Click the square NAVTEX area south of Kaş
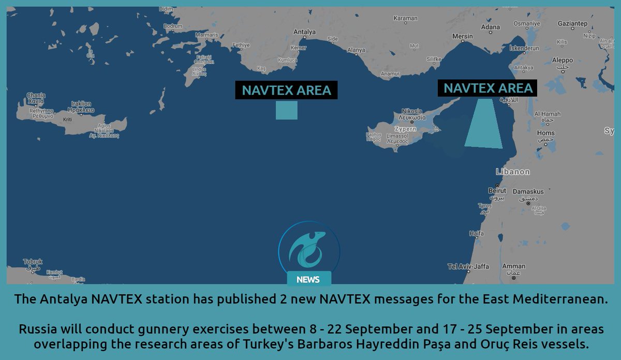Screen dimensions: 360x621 pyautogui.click(x=286, y=110)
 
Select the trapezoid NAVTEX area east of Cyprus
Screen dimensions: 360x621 pyautogui.click(x=484, y=124)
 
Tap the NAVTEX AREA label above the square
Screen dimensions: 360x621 pyautogui.click(x=286, y=90)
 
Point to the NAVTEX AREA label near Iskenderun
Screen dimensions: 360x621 pyautogui.click(x=487, y=88)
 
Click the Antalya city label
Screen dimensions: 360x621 pyautogui.click(x=304, y=32)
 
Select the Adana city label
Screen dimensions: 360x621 pyautogui.click(x=491, y=27)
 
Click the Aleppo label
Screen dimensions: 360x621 pyautogui.click(x=563, y=60)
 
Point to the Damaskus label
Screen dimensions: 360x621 pyautogui.click(x=528, y=192)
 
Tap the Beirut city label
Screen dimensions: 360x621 pyautogui.click(x=497, y=191)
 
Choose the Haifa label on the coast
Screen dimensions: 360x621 pyautogui.click(x=476, y=234)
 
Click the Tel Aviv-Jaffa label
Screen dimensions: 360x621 pyautogui.click(x=468, y=266)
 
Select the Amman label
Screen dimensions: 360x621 pyautogui.click(x=513, y=266)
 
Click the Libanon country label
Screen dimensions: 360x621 pyautogui.click(x=512, y=172)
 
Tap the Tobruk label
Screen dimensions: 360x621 pyautogui.click(x=33, y=262)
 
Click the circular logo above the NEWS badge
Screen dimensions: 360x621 pyautogui.click(x=308, y=248)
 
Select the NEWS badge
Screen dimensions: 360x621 pyautogui.click(x=308, y=280)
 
